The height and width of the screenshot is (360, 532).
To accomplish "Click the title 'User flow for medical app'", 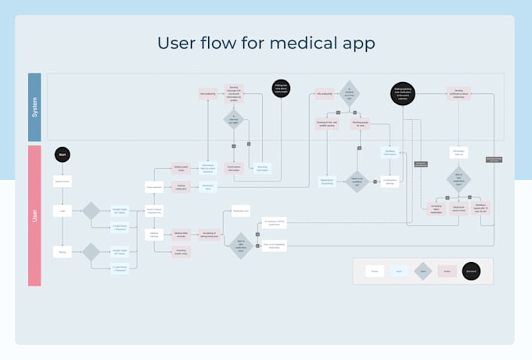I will click(x=265, y=42).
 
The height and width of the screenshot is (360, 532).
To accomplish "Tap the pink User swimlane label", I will click(x=34, y=215).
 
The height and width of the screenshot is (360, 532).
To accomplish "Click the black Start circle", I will click(x=63, y=155).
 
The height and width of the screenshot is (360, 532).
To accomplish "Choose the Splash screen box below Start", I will click(x=63, y=181).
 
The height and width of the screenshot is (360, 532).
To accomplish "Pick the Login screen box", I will click(x=63, y=211).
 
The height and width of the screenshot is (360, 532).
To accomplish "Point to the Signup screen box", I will click(x=63, y=252).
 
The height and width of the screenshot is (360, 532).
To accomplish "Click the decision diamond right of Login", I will click(x=92, y=211).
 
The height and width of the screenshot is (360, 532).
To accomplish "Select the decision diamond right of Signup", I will click(x=92, y=252).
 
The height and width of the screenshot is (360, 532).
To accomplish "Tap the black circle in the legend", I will click(x=471, y=272).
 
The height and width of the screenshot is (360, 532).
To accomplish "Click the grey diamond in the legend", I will click(x=423, y=272).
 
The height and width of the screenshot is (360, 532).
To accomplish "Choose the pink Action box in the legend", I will click(x=447, y=272).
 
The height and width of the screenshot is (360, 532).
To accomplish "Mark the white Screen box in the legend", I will click(x=375, y=272).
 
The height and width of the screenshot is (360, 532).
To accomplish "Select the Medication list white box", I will click(x=241, y=211).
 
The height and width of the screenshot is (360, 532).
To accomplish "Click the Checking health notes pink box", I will click(x=181, y=250).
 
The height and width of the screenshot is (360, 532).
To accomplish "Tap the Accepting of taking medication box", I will click(x=210, y=234).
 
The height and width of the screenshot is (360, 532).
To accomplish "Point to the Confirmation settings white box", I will click(x=390, y=181).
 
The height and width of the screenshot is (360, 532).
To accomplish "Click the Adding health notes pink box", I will click(x=181, y=167).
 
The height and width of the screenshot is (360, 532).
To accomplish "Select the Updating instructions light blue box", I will click(x=390, y=152).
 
